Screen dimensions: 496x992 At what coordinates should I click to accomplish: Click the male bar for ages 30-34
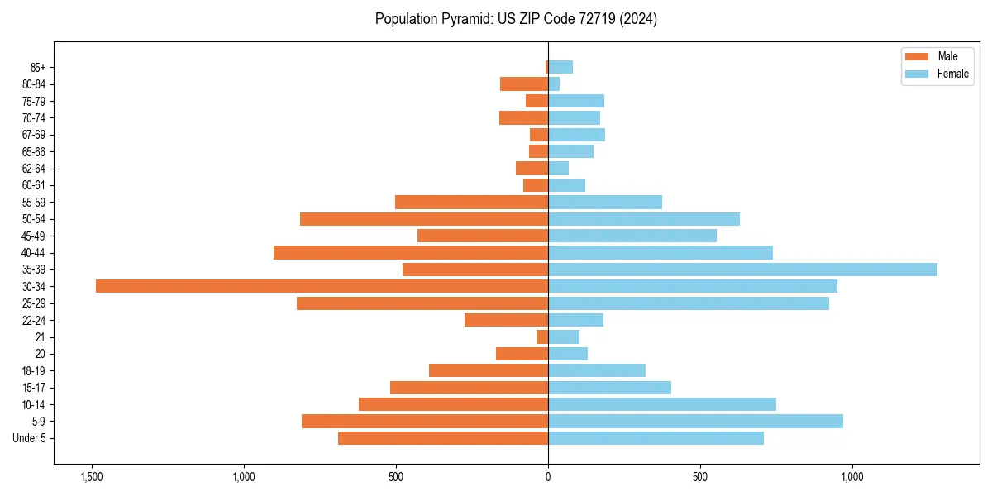click(322, 286)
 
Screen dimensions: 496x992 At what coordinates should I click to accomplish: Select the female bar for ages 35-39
click(742, 269)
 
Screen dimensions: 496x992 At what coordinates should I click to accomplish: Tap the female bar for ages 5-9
click(695, 422)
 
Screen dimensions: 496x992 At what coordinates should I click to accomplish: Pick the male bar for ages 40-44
click(411, 252)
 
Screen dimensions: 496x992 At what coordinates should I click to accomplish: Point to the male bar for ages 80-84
click(524, 84)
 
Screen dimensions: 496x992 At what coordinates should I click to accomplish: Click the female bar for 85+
click(560, 67)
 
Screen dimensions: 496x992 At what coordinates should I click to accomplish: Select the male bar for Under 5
click(443, 438)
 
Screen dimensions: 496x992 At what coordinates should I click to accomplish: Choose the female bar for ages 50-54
click(644, 219)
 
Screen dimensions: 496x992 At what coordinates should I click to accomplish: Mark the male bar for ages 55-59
click(471, 202)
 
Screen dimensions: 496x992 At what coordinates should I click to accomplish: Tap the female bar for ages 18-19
click(597, 370)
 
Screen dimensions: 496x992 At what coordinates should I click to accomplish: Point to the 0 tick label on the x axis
click(548, 477)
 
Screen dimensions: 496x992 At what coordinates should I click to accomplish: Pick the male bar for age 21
click(542, 336)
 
